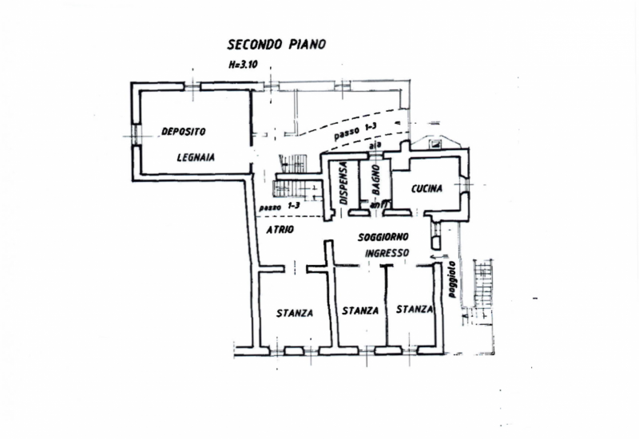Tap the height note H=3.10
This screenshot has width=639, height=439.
(x=244, y=65)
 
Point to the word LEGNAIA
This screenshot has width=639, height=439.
(x=196, y=157)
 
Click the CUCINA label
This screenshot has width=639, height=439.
(x=428, y=189)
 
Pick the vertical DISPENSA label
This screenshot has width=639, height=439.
(x=343, y=184)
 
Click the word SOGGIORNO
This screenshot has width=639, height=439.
(x=384, y=237)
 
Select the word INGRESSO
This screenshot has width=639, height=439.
(x=387, y=253)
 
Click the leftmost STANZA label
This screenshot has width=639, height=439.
(x=295, y=312)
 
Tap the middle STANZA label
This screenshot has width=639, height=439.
(x=360, y=310)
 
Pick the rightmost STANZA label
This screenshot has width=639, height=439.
(x=414, y=309)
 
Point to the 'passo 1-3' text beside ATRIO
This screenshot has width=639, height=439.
(x=280, y=207)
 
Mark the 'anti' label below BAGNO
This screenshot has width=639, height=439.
(x=379, y=205)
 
